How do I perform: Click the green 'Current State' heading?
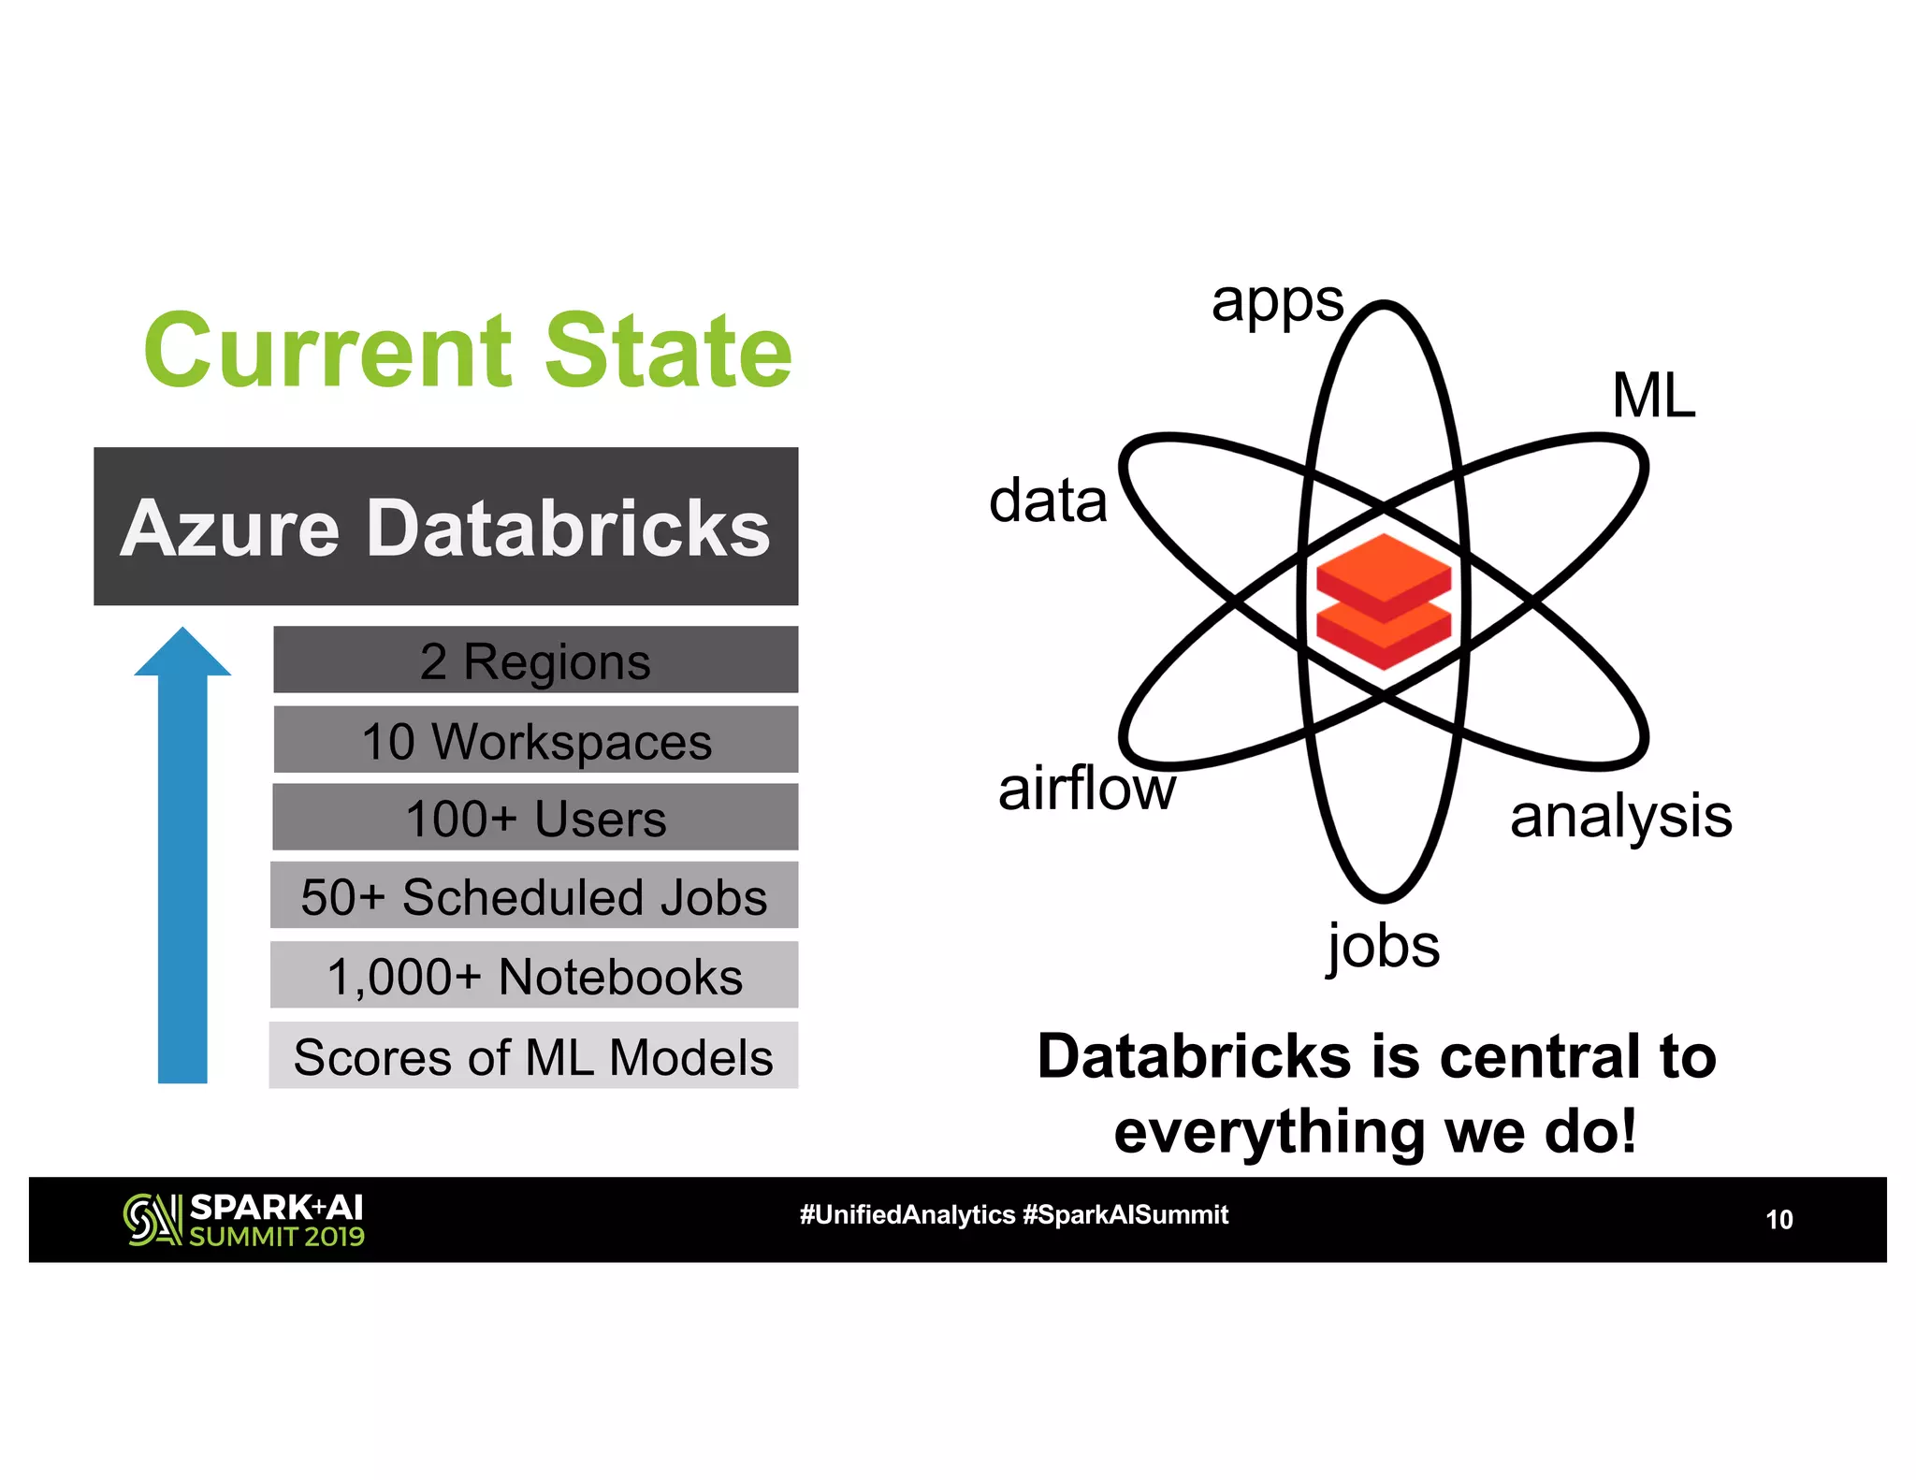pyautogui.click(x=468, y=351)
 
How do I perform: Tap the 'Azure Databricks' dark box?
pyautogui.click(x=445, y=527)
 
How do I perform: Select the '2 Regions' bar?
pyautogui.click(x=535, y=660)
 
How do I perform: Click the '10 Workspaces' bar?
pyautogui.click(x=535, y=740)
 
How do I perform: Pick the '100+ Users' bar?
pyautogui.click(x=535, y=818)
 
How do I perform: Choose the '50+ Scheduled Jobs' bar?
pyautogui.click(x=534, y=896)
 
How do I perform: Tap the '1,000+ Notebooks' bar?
pyautogui.click(x=534, y=976)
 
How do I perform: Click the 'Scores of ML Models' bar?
pyautogui.click(x=533, y=1056)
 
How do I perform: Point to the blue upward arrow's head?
pyautogui.click(x=182, y=654)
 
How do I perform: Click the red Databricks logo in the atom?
pyautogui.click(x=1384, y=602)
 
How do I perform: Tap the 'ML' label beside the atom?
pyautogui.click(x=1653, y=396)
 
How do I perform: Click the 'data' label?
pyautogui.click(x=1048, y=501)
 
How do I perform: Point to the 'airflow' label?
pyautogui.click(x=1086, y=789)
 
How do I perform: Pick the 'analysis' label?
pyautogui.click(x=1620, y=817)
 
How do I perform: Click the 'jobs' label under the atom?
pyautogui.click(x=1384, y=947)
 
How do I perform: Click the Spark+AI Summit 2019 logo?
pyautogui.click(x=244, y=1220)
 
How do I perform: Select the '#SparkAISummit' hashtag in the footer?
pyautogui.click(x=1125, y=1215)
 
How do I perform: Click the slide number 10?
pyautogui.click(x=1778, y=1220)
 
